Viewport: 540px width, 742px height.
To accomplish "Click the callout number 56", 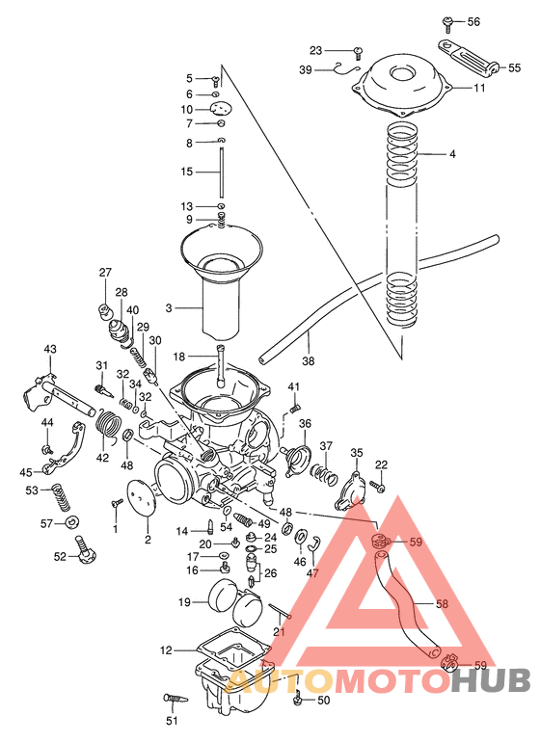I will (x=473, y=21).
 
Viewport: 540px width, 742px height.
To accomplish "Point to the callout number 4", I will (x=452, y=154).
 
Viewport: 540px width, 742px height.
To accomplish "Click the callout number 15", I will (x=187, y=172).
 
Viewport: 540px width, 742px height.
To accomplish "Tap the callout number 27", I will (x=105, y=273).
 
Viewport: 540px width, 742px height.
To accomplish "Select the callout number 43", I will (x=50, y=349).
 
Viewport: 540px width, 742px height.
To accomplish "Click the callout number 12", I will (x=165, y=650).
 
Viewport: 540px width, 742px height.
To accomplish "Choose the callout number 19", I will (x=184, y=602).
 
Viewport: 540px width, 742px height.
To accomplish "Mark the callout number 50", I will (x=323, y=700).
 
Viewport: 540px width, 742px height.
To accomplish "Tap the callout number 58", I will (x=442, y=605).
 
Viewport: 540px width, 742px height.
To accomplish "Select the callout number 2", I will (x=148, y=540).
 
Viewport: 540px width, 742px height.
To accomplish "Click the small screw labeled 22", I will (x=380, y=489).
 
